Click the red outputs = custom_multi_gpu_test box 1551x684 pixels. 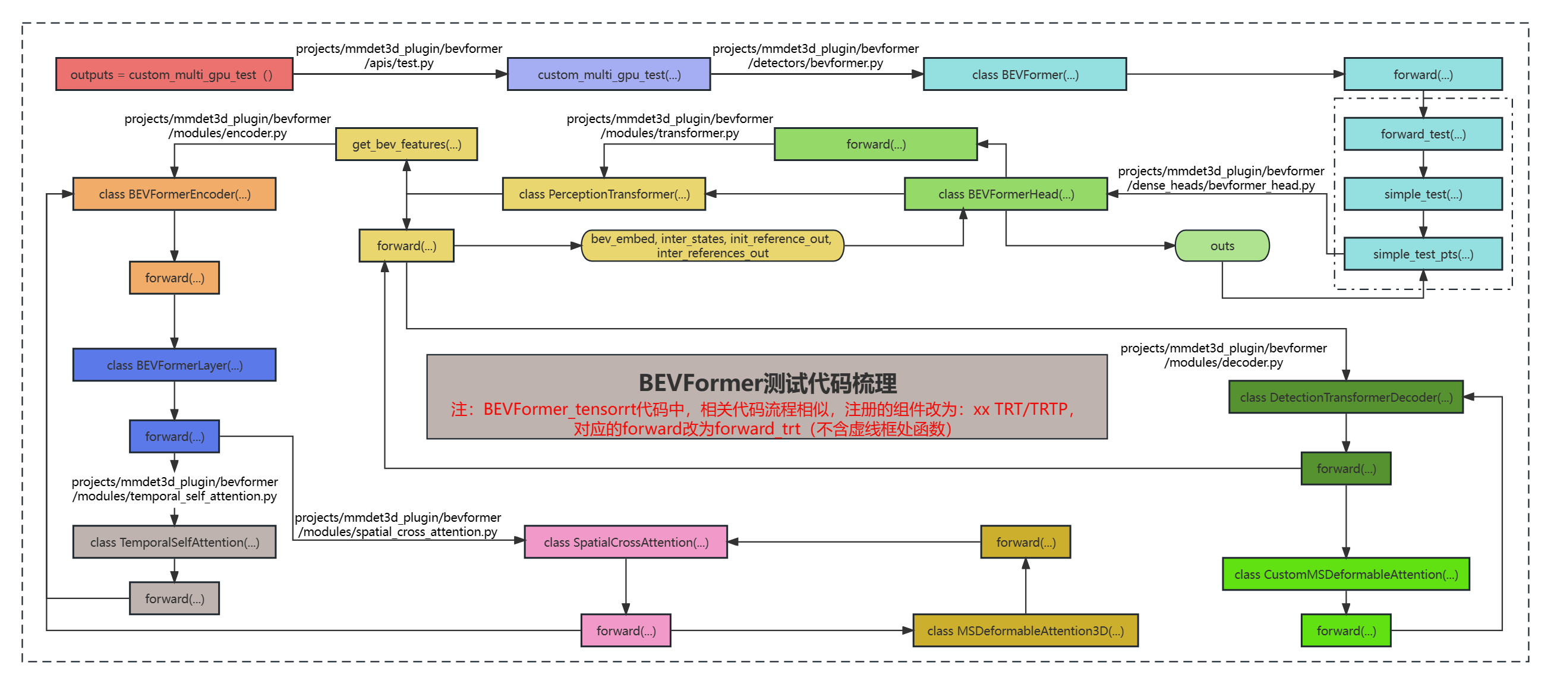tap(174, 75)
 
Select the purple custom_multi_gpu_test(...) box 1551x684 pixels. tap(609, 75)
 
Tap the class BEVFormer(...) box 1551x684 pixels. tap(1024, 75)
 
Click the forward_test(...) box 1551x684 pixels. tap(1423, 134)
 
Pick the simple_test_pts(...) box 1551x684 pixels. tap(1423, 254)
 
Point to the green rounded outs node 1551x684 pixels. tap(1222, 245)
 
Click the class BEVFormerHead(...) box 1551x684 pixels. tap(1005, 194)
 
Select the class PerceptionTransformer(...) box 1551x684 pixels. tap(604, 194)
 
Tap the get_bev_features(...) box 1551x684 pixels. tap(406, 144)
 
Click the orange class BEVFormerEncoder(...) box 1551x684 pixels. tap(174, 194)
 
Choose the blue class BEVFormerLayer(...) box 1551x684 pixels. tap(174, 365)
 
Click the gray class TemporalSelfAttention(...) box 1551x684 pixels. tap(174, 542)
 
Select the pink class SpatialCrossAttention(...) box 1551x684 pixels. tap(626, 542)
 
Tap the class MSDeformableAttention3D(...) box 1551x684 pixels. tap(1024, 631)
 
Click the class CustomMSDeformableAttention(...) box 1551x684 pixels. tap(1345, 575)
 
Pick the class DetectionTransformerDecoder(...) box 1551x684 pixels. tap(1345, 398)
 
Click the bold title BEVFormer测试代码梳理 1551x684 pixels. tap(767, 383)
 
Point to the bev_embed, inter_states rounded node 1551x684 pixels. tap(712, 245)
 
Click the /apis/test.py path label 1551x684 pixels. tap(399, 63)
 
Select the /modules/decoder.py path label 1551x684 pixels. tap(1223, 363)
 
